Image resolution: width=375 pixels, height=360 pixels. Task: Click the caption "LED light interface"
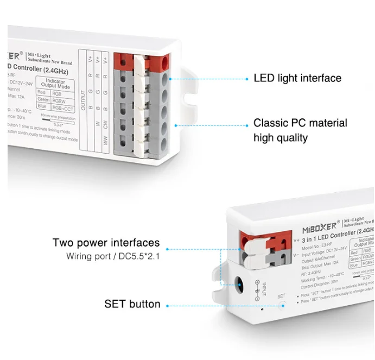click(x=297, y=78)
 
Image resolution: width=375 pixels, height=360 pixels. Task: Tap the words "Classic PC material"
click(x=300, y=123)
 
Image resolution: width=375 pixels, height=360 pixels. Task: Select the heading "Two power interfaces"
click(x=106, y=243)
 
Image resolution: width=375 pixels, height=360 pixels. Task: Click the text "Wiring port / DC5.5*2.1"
click(x=113, y=256)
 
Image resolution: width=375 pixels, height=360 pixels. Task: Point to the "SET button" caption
click(x=132, y=304)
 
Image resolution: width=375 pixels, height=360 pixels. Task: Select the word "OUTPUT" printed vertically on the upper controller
click(x=83, y=101)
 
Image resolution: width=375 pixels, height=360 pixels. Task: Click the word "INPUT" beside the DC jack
click(x=264, y=289)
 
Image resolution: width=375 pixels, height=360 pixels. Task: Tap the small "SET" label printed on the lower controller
click(x=281, y=296)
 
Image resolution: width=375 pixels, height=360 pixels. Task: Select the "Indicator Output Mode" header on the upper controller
click(x=56, y=83)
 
